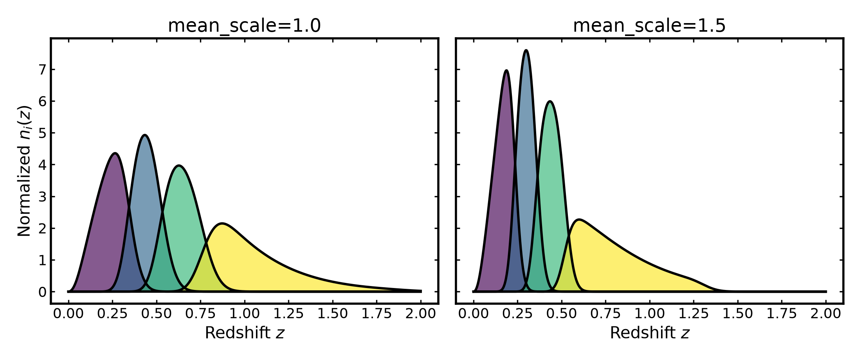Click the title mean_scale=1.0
[244, 26]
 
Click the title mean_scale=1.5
[649, 26]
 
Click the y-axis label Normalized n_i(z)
[24, 171]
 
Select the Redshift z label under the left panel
[245, 333]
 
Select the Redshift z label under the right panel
[650, 333]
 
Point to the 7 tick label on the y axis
[42, 70]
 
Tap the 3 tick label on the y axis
[42, 196]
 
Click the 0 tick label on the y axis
[42, 292]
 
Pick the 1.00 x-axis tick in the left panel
[245, 313]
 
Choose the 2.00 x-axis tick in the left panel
[421, 313]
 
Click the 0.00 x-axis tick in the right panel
[474, 313]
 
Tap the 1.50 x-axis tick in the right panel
[738, 313]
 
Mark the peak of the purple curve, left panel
[115, 153]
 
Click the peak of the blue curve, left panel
[145, 135]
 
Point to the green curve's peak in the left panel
[179, 166]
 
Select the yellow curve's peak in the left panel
[222, 224]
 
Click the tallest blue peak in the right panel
[526, 50]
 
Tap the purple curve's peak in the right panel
[507, 71]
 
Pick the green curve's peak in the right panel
[550, 102]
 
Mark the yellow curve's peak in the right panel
[579, 220]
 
